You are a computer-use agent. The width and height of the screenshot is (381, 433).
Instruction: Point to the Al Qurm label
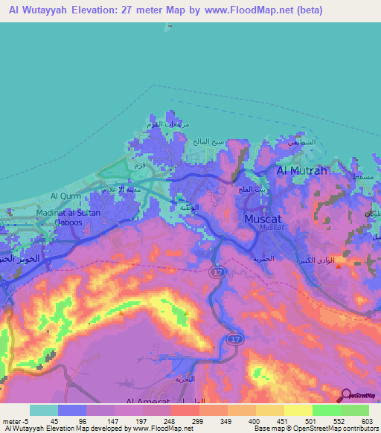point(64,196)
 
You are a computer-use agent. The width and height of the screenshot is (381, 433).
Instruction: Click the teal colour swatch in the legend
point(44,410)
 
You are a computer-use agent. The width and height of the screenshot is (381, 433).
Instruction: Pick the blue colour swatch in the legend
point(72,410)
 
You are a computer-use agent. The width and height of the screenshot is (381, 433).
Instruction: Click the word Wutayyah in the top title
point(48,10)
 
